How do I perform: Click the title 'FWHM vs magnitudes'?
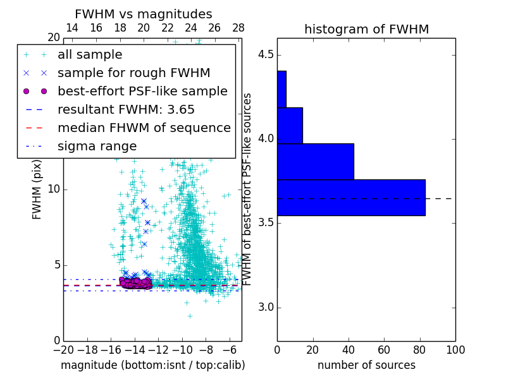coord(144,14)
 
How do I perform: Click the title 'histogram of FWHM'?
coord(366,29)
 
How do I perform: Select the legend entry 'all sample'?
coord(90,55)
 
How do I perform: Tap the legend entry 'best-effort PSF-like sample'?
coord(142,92)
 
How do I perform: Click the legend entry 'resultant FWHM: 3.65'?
coord(126,110)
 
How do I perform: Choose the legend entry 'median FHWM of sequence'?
coord(144,128)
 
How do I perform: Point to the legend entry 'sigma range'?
coord(97,147)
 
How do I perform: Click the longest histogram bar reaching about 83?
coord(351,198)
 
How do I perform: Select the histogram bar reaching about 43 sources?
coord(315,162)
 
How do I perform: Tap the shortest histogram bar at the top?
coord(281,89)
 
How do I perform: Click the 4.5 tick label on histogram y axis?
coord(266,55)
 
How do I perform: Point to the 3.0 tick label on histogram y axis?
coord(266,308)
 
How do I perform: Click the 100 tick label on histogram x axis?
coord(455,349)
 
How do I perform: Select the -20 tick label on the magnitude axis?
coord(63,349)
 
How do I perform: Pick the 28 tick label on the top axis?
coord(238,28)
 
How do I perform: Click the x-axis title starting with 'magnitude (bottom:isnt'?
coord(152,365)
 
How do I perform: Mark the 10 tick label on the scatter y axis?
coord(54,189)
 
